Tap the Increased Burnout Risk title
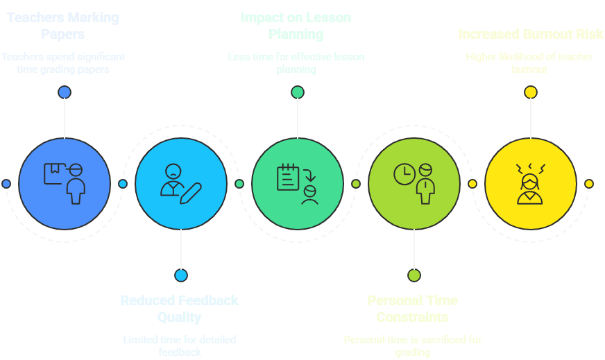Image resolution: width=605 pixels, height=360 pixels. coord(530,34)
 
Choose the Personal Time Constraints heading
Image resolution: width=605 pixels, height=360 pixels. coord(413,309)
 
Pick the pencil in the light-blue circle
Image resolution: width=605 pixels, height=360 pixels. coord(191,193)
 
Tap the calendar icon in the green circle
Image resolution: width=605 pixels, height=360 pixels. coord(287,177)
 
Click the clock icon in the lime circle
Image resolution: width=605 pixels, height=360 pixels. coord(404,174)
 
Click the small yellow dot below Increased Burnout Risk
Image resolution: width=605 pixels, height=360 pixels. coord(530,92)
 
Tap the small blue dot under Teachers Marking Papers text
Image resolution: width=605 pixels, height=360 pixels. coord(65,92)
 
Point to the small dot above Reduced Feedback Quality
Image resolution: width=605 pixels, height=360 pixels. coord(181,275)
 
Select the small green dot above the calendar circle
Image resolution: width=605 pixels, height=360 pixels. coord(298,92)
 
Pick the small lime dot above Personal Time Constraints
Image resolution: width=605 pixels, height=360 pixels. coord(414,275)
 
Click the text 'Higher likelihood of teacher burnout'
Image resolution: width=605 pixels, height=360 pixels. coord(529,63)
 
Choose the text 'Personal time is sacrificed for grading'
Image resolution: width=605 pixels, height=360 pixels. coord(413,345)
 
